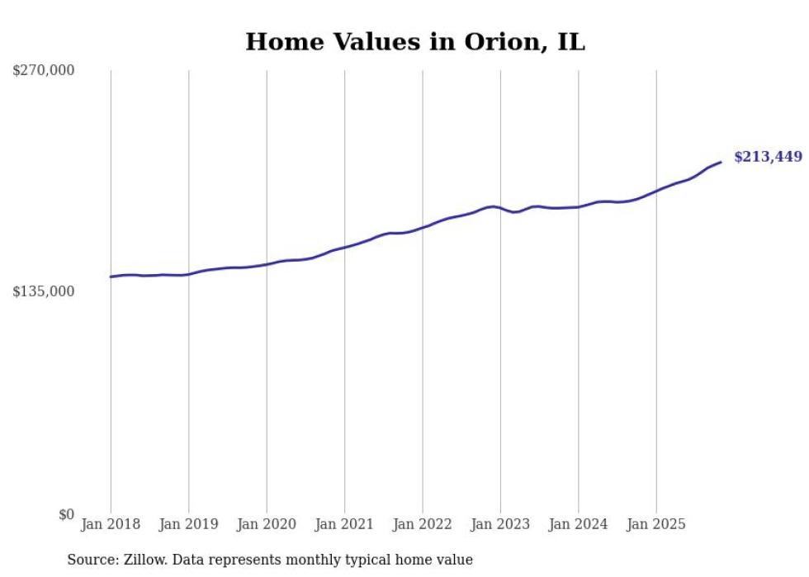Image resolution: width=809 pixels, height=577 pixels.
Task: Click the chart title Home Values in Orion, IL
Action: [414, 42]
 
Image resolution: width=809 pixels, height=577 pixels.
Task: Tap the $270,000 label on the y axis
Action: [44, 71]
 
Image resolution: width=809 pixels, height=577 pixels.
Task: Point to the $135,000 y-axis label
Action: [44, 291]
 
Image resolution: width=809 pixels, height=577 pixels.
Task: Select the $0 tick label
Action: [66, 514]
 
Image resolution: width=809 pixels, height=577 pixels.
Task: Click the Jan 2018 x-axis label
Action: [111, 524]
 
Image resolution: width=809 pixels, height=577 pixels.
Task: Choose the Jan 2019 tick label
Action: [189, 524]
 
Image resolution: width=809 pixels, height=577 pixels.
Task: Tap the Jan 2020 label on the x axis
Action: [267, 524]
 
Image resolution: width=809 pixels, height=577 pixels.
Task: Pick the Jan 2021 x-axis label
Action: [344, 524]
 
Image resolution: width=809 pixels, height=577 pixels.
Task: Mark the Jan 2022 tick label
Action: [423, 524]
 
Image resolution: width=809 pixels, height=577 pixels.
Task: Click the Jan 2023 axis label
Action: [500, 524]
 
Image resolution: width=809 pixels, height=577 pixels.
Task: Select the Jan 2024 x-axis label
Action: [578, 524]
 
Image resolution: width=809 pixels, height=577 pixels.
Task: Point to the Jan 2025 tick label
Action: [656, 524]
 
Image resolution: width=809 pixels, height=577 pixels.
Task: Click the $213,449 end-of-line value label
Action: [767, 157]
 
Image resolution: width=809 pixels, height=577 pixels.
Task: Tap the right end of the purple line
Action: [721, 162]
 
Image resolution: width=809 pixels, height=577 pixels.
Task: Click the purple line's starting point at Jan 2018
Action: [111, 277]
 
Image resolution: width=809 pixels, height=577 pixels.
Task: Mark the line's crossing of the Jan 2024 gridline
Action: [579, 206]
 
